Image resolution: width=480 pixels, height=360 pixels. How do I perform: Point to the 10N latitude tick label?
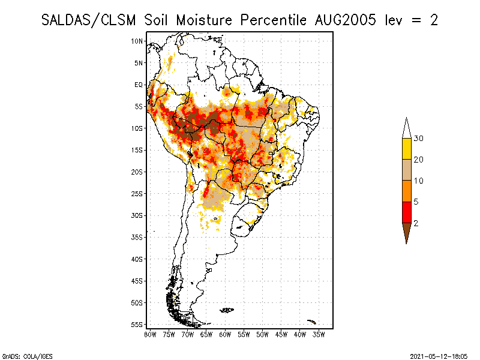click(x=137, y=41)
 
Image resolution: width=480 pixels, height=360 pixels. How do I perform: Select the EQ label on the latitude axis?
click(x=138, y=85)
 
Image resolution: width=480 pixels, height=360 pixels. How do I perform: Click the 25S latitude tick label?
click(x=137, y=193)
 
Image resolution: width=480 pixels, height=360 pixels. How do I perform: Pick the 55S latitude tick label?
click(x=137, y=324)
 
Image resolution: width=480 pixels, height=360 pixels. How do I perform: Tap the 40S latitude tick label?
click(x=137, y=259)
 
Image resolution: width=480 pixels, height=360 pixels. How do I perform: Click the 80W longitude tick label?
click(x=151, y=334)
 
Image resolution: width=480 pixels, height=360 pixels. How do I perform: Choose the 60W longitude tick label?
click(x=225, y=334)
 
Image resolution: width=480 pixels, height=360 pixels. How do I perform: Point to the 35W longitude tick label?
click(x=318, y=334)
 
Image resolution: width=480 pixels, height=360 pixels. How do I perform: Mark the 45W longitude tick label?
click(x=281, y=334)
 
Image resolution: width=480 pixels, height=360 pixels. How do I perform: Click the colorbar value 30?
click(x=419, y=139)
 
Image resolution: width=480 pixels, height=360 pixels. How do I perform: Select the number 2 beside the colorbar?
click(x=416, y=223)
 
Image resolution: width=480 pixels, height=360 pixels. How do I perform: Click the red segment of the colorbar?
click(x=406, y=212)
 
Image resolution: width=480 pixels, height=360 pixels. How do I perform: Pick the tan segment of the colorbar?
click(x=406, y=170)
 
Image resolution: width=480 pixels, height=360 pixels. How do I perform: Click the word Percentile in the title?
click(x=274, y=20)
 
